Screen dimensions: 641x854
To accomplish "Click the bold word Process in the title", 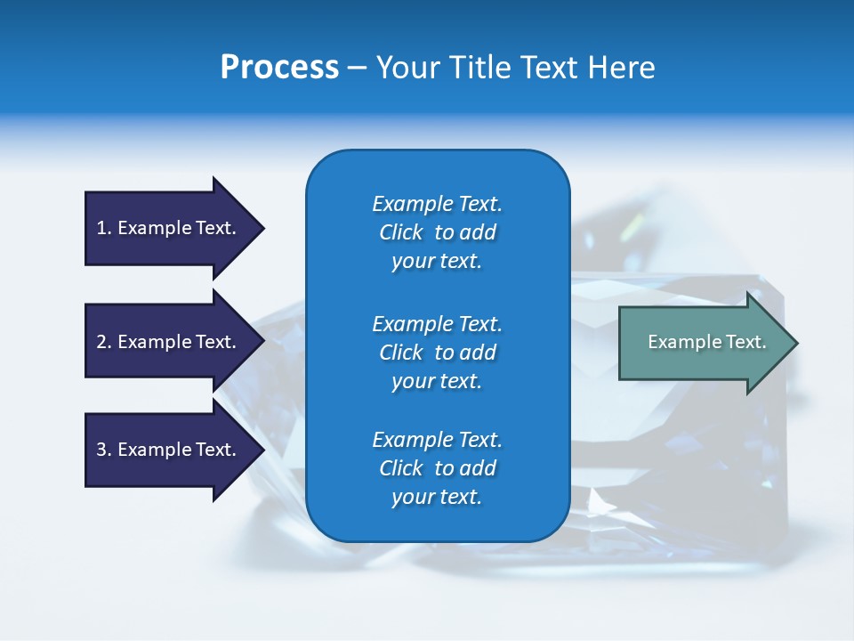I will tap(279, 68).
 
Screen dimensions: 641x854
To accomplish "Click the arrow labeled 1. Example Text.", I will tap(169, 228).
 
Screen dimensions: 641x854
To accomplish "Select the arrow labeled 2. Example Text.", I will tap(169, 342).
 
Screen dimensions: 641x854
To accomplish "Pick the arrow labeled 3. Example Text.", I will tap(169, 450).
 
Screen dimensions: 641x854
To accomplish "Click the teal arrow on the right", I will tap(703, 343).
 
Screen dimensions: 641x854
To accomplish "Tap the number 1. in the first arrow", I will tap(104, 228).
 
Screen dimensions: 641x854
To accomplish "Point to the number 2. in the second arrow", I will tap(104, 342).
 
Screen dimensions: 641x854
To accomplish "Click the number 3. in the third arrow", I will tap(104, 450).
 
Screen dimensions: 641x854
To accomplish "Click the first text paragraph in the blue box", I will tap(438, 232).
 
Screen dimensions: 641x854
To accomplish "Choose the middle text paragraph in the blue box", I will tap(438, 353).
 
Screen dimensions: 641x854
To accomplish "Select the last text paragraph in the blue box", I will tap(438, 468).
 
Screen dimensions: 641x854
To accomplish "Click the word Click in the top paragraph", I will tap(401, 233).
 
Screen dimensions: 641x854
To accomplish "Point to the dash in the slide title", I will tap(357, 69).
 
